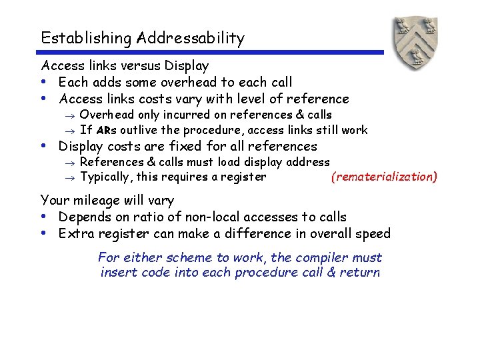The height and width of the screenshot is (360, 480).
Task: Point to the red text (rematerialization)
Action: [384, 177]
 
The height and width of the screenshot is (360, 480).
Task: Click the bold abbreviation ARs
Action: [107, 130]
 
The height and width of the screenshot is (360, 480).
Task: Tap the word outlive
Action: [140, 130]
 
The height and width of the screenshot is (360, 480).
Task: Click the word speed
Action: [373, 233]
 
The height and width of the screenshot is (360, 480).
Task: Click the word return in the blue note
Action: [361, 272]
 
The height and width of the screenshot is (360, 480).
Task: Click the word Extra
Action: [75, 233]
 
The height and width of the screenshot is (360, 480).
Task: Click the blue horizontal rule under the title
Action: [212, 52]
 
